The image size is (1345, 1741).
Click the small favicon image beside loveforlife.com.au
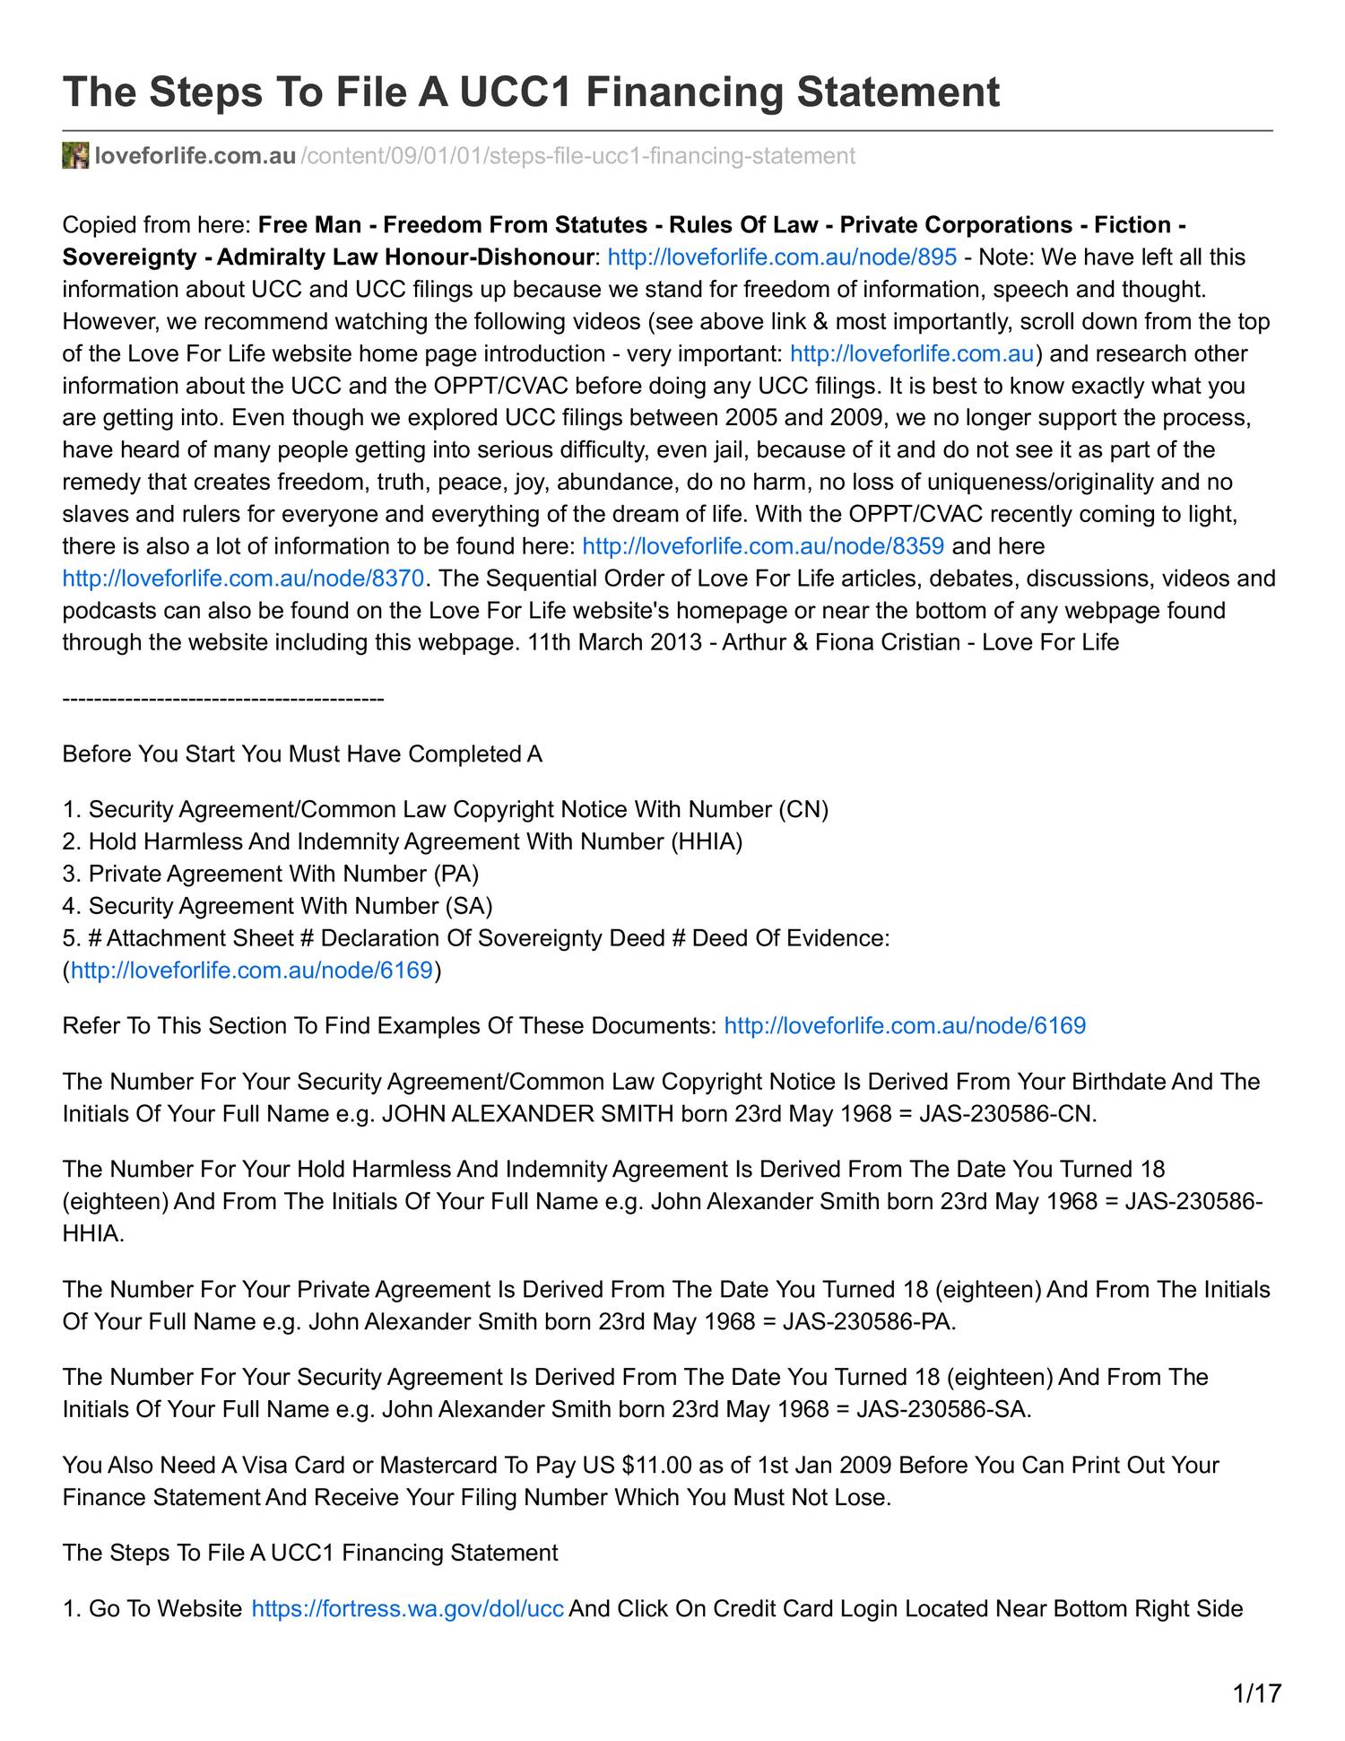coord(75,155)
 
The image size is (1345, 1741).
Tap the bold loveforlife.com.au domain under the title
coord(195,156)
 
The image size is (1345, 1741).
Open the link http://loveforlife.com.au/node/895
coord(782,257)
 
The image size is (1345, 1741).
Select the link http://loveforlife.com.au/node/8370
coord(243,579)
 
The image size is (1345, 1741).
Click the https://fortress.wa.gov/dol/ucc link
coord(407,1608)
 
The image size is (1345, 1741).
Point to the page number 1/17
coord(1256,1693)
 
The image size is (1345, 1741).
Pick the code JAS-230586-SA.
coord(943,1409)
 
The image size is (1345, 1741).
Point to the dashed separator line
coord(223,699)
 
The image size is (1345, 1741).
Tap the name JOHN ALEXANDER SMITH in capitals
coord(528,1114)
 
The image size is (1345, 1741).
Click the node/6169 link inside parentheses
coord(252,971)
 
